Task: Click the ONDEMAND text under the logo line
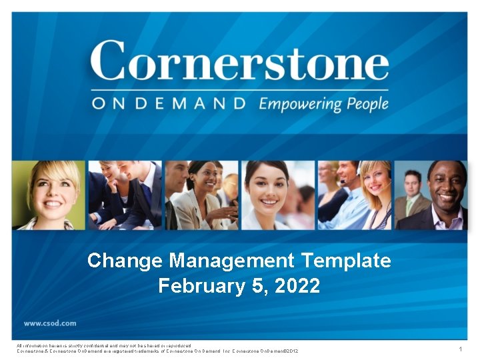pos(169,104)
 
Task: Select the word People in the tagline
pos(366,104)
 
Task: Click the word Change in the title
pos(125,260)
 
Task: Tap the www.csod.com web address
pos(50,323)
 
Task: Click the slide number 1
pos(460,349)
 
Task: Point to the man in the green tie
pos(412,193)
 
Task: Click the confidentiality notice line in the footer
pos(103,345)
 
